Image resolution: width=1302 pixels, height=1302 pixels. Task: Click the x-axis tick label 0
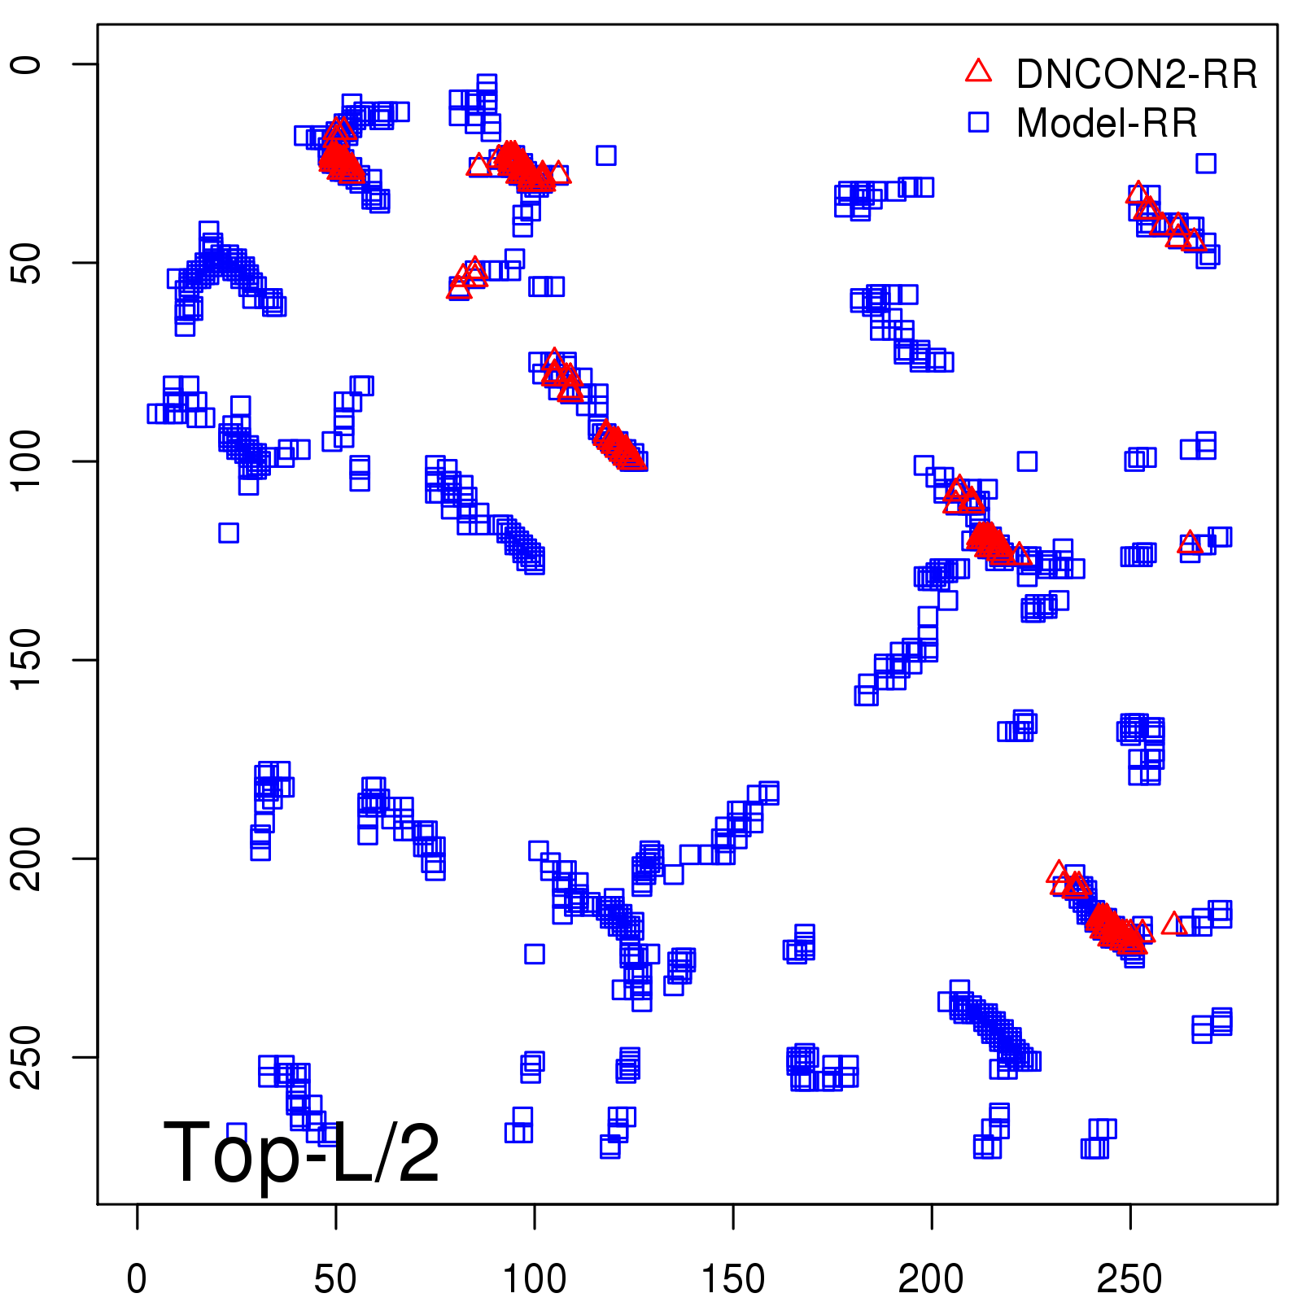[x=137, y=1278]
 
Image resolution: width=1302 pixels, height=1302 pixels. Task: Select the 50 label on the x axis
[x=335, y=1278]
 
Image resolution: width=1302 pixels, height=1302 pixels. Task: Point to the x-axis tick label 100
[x=534, y=1278]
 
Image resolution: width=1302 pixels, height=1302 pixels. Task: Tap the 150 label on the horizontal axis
[x=732, y=1278]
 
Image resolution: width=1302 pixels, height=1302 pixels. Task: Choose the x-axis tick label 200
[x=931, y=1278]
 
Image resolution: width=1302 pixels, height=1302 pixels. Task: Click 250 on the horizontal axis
[x=1129, y=1278]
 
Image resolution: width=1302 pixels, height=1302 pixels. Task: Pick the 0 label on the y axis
[x=26, y=64]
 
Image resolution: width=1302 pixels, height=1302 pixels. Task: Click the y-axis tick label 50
[x=26, y=263]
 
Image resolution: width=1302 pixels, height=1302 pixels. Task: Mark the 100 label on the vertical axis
[x=26, y=461]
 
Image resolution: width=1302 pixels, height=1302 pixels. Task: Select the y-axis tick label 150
[x=26, y=660]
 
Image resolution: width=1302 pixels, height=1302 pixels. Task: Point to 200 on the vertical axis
[x=26, y=859]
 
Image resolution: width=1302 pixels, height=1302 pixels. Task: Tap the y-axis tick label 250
[x=26, y=1057]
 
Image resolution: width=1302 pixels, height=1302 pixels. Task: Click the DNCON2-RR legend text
[x=1136, y=75]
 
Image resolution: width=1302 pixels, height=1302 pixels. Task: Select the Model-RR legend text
[x=1107, y=124]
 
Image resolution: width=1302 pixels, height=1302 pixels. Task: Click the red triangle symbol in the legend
[x=978, y=72]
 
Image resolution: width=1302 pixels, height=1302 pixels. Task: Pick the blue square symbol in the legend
[x=978, y=122]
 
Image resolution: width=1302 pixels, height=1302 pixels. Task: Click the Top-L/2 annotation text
[x=301, y=1152]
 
